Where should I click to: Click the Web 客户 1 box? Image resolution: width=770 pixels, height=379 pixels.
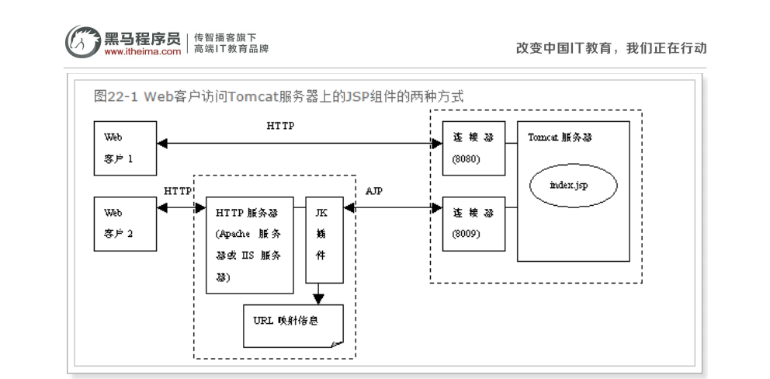pyautogui.click(x=125, y=147)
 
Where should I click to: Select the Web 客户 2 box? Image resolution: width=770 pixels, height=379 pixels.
pyautogui.click(x=125, y=223)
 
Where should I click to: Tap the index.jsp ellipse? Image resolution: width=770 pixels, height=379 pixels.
pyautogui.click(x=573, y=186)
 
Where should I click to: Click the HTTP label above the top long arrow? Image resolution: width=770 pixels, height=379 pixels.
pyautogui.click(x=280, y=127)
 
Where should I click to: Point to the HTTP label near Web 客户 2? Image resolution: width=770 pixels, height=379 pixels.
pyautogui.click(x=178, y=190)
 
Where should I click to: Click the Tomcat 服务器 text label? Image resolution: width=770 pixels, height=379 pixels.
pyautogui.click(x=560, y=137)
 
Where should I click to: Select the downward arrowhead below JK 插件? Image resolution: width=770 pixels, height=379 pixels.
pyautogui.click(x=318, y=298)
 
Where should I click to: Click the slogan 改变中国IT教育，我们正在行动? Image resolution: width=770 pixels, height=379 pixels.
pyautogui.click(x=612, y=47)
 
